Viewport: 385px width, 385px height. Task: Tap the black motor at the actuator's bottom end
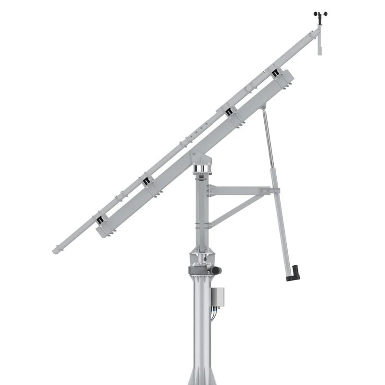[293, 272]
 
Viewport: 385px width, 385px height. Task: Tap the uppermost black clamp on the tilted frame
[275, 74]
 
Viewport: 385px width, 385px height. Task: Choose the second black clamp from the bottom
[145, 181]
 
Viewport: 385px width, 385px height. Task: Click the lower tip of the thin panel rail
[56, 250]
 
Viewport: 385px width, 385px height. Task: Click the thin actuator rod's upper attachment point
[263, 110]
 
